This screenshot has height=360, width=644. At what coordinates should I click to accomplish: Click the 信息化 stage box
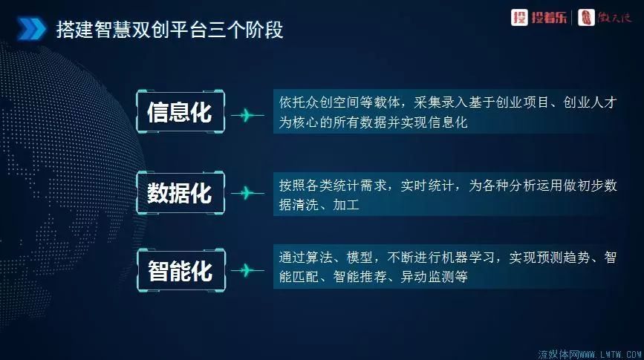[x=179, y=113]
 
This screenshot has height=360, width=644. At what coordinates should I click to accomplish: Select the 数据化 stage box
[x=179, y=193]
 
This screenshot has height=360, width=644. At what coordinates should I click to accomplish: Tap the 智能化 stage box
[x=179, y=271]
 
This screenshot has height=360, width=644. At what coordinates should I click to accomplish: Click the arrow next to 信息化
[x=247, y=114]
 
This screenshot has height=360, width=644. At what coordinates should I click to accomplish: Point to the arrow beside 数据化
[x=247, y=193]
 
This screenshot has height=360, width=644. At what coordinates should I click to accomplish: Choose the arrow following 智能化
[x=247, y=271]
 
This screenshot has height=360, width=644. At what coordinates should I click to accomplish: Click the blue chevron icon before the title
[x=30, y=31]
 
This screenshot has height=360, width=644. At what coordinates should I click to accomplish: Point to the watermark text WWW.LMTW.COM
[x=605, y=353]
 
